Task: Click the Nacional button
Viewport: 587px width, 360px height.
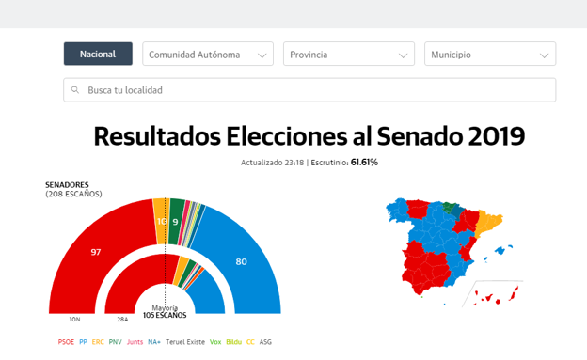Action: click(x=98, y=55)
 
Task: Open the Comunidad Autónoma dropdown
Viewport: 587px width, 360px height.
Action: click(x=208, y=55)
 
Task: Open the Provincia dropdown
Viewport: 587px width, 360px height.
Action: click(x=349, y=55)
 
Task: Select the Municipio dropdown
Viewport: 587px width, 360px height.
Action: click(x=490, y=55)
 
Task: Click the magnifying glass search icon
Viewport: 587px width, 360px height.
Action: click(x=75, y=90)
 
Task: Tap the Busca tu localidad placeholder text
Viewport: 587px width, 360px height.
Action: click(x=125, y=90)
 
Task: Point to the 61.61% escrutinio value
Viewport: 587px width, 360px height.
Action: click(x=364, y=163)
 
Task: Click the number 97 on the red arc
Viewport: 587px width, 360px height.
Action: click(x=95, y=252)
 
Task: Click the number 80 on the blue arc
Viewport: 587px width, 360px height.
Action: click(x=241, y=261)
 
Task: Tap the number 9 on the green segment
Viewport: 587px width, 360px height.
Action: click(x=176, y=222)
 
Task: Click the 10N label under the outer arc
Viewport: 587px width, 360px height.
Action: click(x=74, y=320)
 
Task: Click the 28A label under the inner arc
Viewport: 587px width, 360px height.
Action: click(x=122, y=320)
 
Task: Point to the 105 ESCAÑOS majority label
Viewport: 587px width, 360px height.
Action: click(x=164, y=315)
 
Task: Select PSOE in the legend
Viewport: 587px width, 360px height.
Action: click(x=66, y=342)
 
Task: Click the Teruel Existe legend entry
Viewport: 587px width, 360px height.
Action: click(x=185, y=342)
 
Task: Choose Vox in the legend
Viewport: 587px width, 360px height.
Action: click(x=215, y=342)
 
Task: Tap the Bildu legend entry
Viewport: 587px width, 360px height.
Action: click(x=234, y=342)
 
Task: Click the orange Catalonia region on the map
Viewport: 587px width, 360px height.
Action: click(x=488, y=222)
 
